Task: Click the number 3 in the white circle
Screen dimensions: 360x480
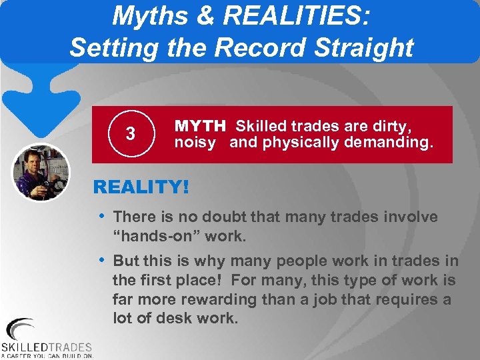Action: tap(131, 134)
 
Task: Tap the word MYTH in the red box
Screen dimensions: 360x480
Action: tap(201, 125)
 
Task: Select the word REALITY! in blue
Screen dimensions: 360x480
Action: tap(141, 187)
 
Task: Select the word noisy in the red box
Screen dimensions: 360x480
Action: tap(195, 142)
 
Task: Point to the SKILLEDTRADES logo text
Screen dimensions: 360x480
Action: tap(47, 347)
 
